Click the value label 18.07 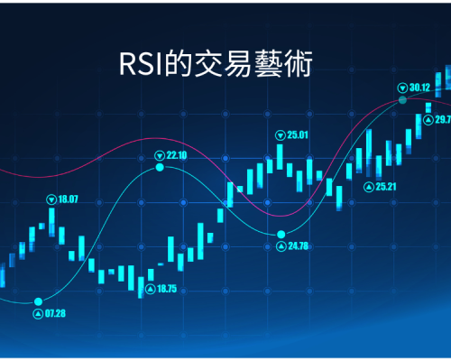tap(68, 199)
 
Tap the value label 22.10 tap(177, 155)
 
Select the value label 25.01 tap(298, 135)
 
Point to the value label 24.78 tap(299, 246)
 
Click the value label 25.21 tap(386, 187)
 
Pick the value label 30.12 tap(419, 88)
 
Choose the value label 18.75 tap(167, 289)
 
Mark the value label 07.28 tap(55, 313)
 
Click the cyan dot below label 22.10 tap(160, 167)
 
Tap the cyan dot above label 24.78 tap(281, 234)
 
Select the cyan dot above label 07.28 tap(38, 301)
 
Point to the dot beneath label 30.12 tap(402, 100)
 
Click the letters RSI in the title tap(141, 64)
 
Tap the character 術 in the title tap(298, 64)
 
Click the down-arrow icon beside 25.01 tap(281, 135)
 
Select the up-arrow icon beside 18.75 tap(151, 289)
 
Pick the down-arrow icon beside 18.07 tap(51, 199)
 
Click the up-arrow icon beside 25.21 tap(369, 187)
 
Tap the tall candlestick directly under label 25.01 tap(280, 157)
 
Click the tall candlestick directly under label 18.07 tap(51, 222)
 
